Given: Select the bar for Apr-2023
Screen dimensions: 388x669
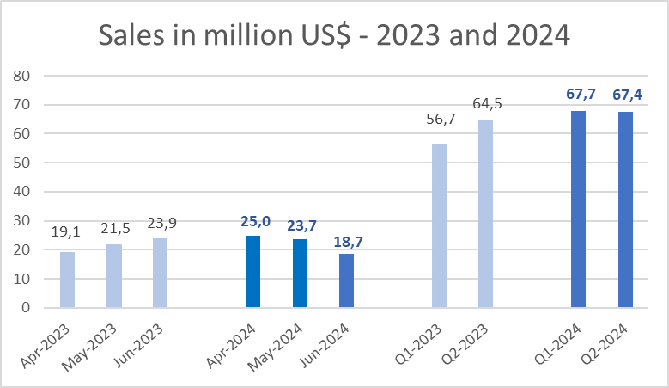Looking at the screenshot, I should click(x=67, y=280).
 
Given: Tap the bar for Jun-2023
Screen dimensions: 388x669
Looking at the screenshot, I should click(x=161, y=273).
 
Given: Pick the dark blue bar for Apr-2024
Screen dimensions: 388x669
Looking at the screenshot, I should click(x=252, y=271).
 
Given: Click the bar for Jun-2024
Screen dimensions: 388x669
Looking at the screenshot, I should click(x=345, y=280).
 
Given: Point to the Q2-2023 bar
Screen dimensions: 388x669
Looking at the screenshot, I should click(x=485, y=214).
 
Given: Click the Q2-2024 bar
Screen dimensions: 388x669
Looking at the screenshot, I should click(x=625, y=210).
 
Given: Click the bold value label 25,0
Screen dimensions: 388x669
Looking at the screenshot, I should click(x=252, y=223).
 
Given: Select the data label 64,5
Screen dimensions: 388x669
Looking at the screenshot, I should click(x=486, y=104).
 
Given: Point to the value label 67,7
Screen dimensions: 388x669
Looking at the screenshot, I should click(x=579, y=95).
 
